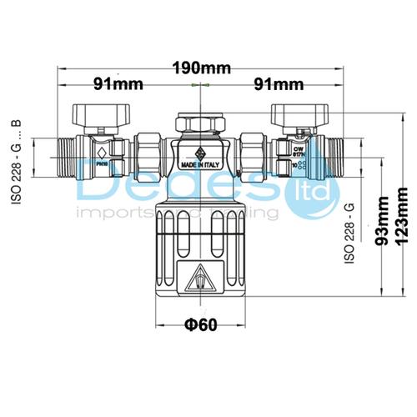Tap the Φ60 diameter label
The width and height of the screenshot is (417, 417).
[198, 324]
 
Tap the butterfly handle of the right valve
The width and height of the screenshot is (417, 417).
[293, 112]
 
